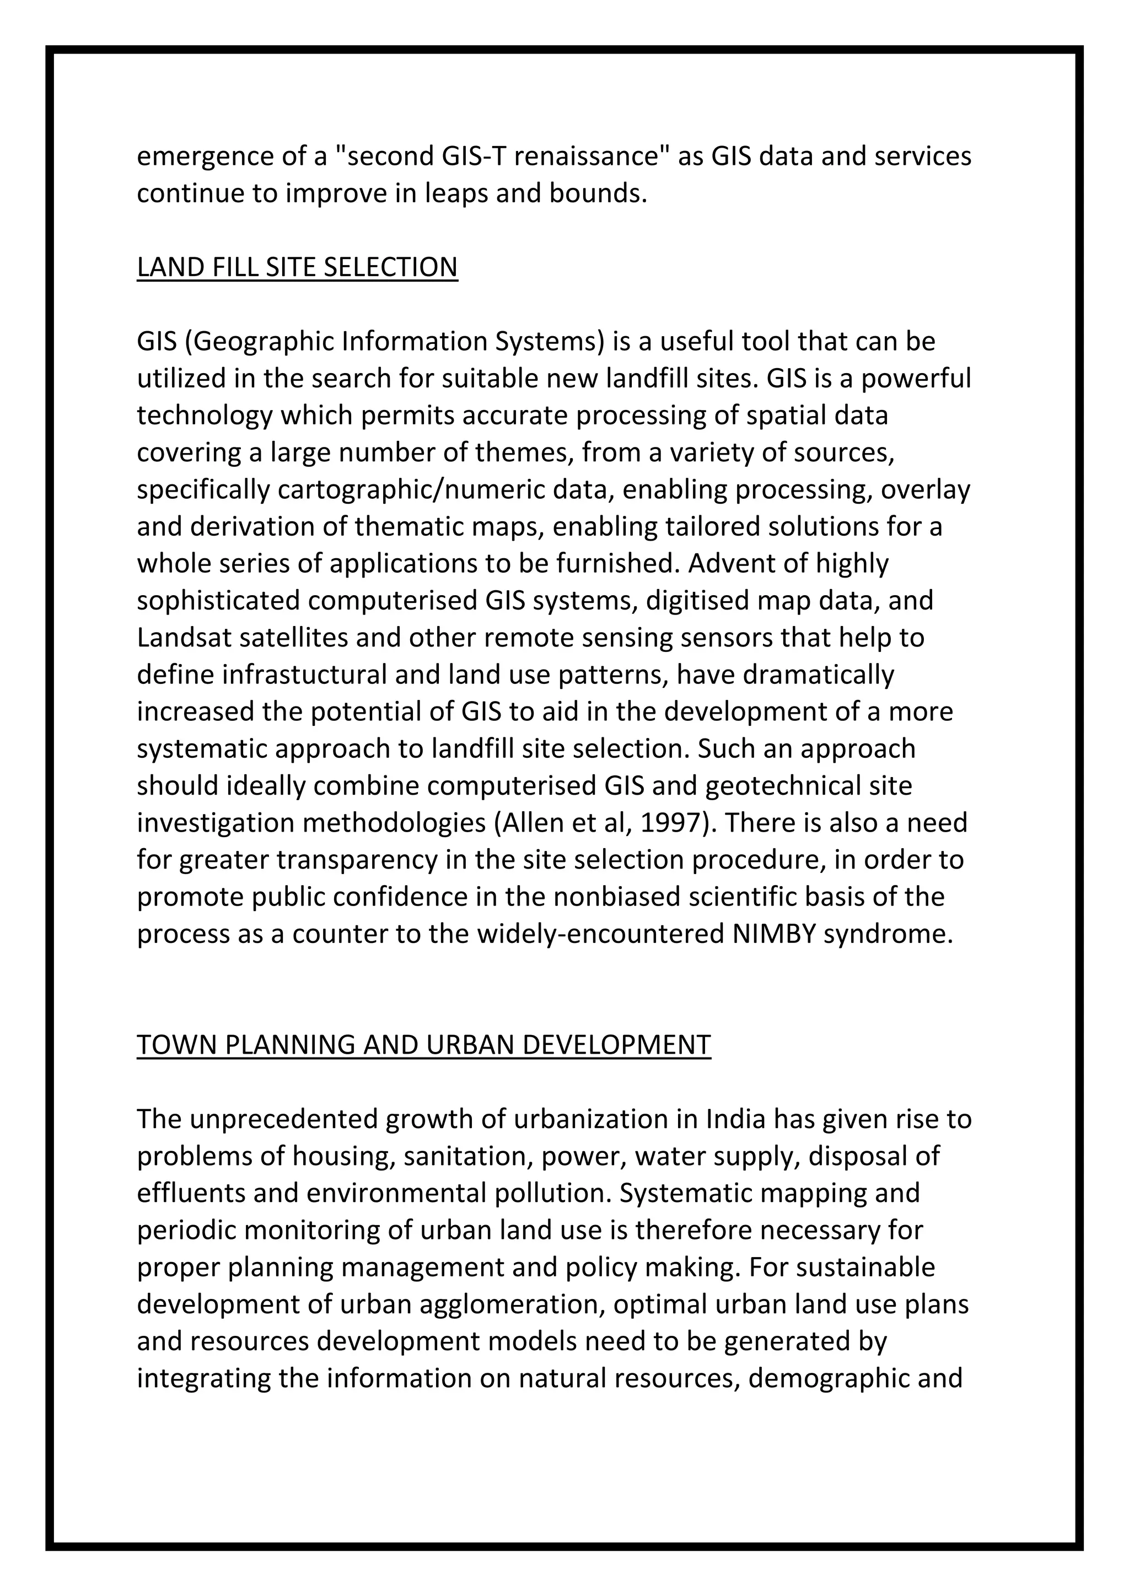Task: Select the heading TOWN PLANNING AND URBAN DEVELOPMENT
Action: (x=423, y=1045)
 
